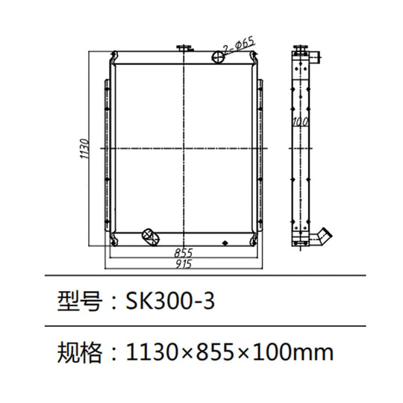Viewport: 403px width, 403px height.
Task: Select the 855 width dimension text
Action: [184, 252]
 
